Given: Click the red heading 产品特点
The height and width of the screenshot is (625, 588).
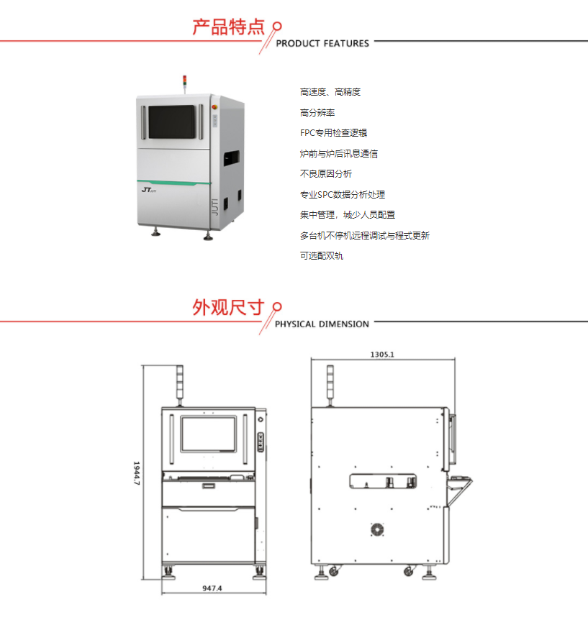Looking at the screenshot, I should (x=228, y=28).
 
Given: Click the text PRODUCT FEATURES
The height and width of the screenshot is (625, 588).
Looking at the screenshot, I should (x=322, y=44).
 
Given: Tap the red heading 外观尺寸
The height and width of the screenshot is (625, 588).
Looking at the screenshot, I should (x=228, y=308).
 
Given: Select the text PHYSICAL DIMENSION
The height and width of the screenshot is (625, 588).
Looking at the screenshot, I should (x=322, y=324).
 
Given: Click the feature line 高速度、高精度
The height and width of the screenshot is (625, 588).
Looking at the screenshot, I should (x=330, y=92).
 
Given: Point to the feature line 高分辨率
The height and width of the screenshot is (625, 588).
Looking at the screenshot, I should (x=317, y=113).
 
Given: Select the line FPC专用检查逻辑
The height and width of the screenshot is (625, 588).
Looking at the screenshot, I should (x=334, y=133).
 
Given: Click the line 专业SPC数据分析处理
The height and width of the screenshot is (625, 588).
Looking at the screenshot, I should (x=343, y=194).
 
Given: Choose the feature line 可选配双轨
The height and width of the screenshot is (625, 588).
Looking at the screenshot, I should (x=322, y=255).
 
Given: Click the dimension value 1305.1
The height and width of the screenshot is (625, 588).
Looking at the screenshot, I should (x=382, y=355).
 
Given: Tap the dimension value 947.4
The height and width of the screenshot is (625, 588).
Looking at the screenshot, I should (x=212, y=588).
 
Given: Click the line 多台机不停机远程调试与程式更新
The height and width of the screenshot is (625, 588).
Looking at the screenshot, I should (x=365, y=235).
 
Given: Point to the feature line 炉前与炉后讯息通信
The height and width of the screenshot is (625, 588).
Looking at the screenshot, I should (x=339, y=154).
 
